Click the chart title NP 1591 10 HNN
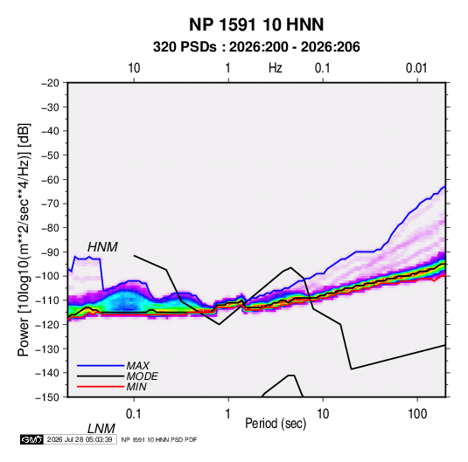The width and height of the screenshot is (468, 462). (256, 24)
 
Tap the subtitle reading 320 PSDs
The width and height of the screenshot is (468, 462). (185, 47)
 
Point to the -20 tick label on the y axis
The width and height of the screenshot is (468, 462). (51, 83)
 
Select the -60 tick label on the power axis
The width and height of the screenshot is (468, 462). (51, 179)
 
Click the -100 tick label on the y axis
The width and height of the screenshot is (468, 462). (48, 276)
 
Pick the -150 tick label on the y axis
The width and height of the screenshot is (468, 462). (48, 397)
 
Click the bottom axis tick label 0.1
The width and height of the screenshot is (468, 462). (134, 414)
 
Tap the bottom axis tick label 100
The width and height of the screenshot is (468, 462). (417, 414)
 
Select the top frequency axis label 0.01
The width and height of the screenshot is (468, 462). (416, 68)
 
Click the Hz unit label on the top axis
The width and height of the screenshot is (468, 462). (276, 68)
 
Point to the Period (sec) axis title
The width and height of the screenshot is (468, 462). (276, 424)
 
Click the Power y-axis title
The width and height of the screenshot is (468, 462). (24, 240)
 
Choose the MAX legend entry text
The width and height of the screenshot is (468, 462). (138, 366)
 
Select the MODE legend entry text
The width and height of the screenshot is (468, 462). (142, 376)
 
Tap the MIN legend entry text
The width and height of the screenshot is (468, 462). (136, 387)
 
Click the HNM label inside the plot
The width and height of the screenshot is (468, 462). (102, 247)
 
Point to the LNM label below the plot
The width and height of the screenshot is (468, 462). (101, 429)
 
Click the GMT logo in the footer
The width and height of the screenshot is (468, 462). (31, 439)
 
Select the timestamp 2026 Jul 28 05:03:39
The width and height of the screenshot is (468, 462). (80, 439)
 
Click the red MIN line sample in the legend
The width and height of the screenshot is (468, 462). (101, 387)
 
